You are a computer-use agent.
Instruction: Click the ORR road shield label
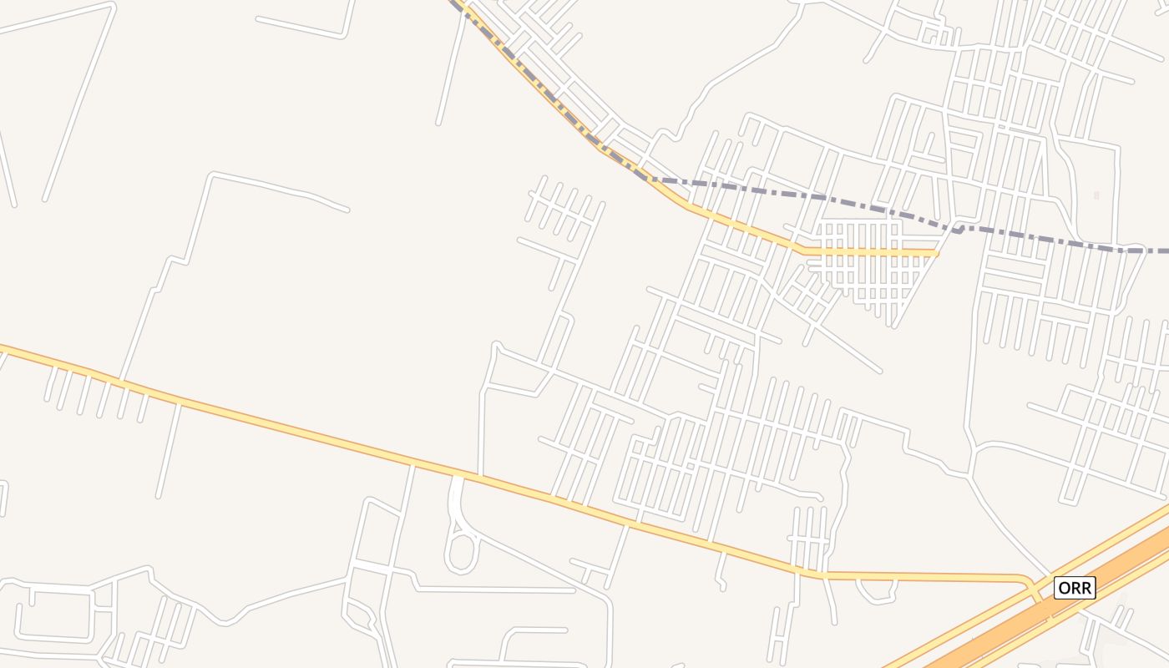coord(1074,588)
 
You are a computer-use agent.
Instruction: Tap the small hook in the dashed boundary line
coord(961,228)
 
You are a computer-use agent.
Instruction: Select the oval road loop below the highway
coord(460,553)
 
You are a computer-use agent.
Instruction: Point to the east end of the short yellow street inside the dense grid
coord(936,251)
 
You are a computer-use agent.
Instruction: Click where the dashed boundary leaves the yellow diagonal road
coord(647,178)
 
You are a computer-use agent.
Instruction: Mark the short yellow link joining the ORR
coord(1036,590)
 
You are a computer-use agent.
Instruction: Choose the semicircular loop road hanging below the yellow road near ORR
coord(876,591)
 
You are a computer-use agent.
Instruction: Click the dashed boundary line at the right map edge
coord(1162,250)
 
